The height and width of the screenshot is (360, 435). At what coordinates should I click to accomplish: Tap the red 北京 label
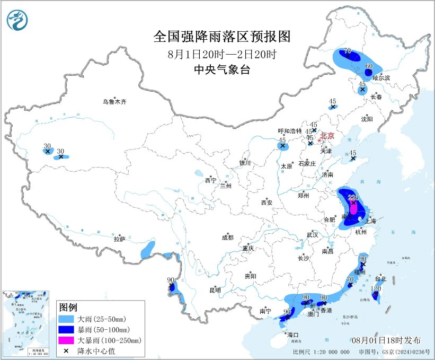[x=327, y=136]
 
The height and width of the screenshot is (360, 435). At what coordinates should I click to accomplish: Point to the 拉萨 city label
[x=119, y=239]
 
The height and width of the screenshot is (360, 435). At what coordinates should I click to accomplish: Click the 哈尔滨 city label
[x=381, y=78]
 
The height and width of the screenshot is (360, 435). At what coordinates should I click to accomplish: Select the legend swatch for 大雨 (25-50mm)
[x=65, y=319]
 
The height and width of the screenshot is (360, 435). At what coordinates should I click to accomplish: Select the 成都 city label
[x=228, y=238]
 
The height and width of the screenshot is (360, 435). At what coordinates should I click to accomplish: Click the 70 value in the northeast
[x=348, y=51]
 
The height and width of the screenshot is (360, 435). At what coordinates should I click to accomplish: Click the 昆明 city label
[x=215, y=290]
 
